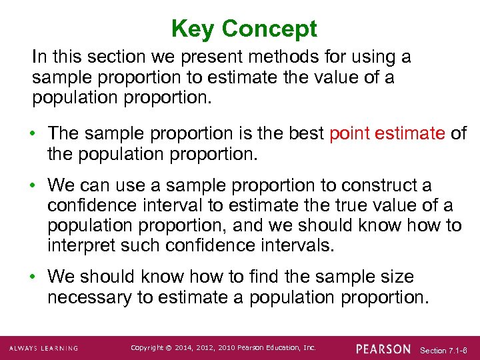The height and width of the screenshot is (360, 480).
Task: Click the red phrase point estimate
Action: click(387, 133)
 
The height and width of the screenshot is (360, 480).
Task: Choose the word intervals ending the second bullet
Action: click(293, 245)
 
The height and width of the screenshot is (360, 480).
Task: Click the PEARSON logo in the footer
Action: click(383, 349)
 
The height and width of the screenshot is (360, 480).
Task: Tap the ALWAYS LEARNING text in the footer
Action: click(43, 349)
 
